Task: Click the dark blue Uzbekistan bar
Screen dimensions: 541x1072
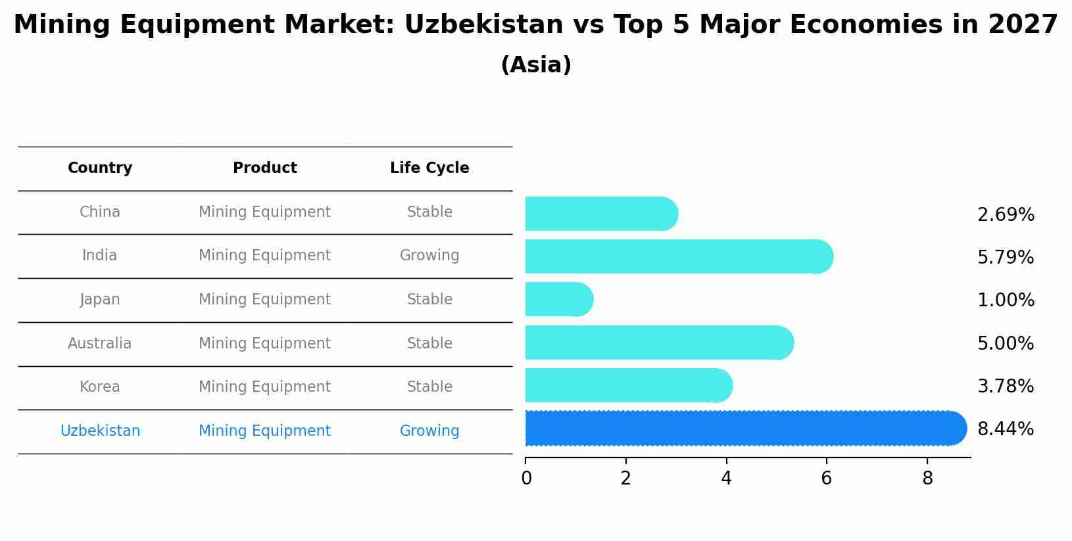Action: coord(743,429)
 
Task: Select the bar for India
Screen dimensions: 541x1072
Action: coord(677,256)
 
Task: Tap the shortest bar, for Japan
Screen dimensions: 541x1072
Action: coord(558,300)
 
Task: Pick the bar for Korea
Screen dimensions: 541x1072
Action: coord(627,385)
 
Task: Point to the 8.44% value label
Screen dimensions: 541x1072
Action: coord(1005,429)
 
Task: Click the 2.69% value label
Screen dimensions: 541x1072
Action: coord(1005,215)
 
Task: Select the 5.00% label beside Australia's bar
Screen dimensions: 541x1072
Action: coord(1005,343)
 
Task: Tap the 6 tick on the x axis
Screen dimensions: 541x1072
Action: coord(826,479)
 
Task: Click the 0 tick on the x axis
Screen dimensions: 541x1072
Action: coord(526,479)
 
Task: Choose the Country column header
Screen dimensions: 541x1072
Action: coord(100,168)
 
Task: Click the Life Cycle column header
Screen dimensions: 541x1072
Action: coord(429,168)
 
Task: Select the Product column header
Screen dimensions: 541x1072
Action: coord(264,168)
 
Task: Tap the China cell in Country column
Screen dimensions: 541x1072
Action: coord(100,212)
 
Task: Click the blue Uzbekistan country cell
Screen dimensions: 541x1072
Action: coord(100,431)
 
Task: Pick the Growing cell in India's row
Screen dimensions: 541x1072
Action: coord(429,256)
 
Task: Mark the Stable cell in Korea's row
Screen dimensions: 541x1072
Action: coord(429,387)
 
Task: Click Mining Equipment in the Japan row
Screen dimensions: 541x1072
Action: coord(264,300)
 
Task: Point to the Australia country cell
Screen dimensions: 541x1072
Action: coord(100,344)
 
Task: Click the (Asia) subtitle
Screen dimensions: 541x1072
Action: coord(535,65)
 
